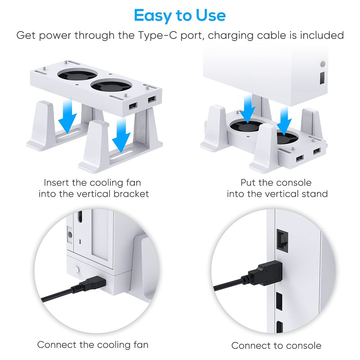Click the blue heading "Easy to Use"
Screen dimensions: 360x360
(180, 15)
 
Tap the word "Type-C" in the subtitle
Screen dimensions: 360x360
(157, 36)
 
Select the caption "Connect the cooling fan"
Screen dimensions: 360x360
(93, 345)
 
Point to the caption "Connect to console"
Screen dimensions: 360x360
(276, 345)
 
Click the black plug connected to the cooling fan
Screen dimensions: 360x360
(92, 283)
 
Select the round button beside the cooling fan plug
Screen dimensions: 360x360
(76, 270)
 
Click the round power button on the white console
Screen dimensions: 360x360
(323, 64)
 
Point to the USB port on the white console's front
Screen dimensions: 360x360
(322, 77)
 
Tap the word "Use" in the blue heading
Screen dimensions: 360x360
(211, 15)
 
